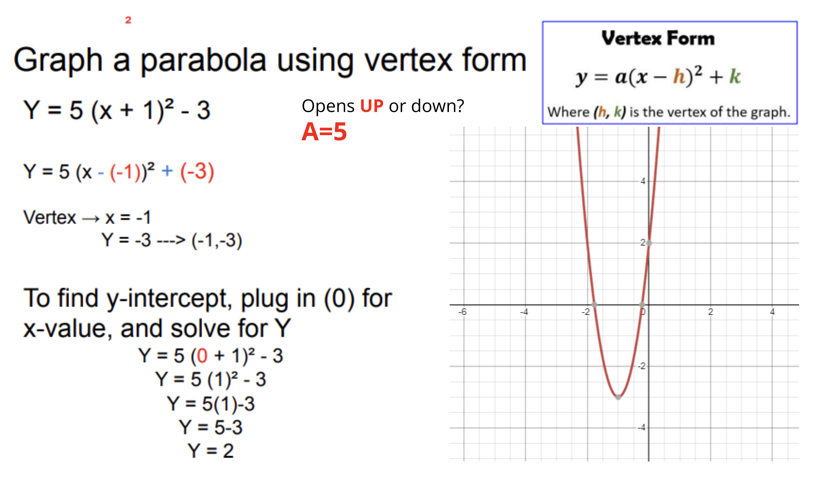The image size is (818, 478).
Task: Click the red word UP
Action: (x=371, y=106)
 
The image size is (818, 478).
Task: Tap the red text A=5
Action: (x=324, y=132)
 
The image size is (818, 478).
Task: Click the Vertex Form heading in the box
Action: (x=658, y=38)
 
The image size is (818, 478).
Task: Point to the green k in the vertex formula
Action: (x=735, y=76)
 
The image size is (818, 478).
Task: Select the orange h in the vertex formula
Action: (x=679, y=76)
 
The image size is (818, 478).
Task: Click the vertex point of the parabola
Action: (x=618, y=397)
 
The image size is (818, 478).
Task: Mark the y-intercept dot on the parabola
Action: (x=649, y=243)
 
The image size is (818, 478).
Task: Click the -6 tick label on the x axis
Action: (x=462, y=312)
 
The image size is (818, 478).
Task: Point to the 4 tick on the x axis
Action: (x=772, y=312)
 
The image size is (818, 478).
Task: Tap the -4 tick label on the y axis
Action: (x=641, y=427)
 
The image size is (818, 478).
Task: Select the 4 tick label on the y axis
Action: (x=643, y=181)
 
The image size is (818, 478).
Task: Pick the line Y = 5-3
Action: (x=211, y=427)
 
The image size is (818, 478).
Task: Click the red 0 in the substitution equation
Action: (x=202, y=355)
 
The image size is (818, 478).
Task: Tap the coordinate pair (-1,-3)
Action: (x=217, y=240)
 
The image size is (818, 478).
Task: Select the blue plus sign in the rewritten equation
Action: (x=167, y=171)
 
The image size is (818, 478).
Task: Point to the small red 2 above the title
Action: (x=128, y=20)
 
